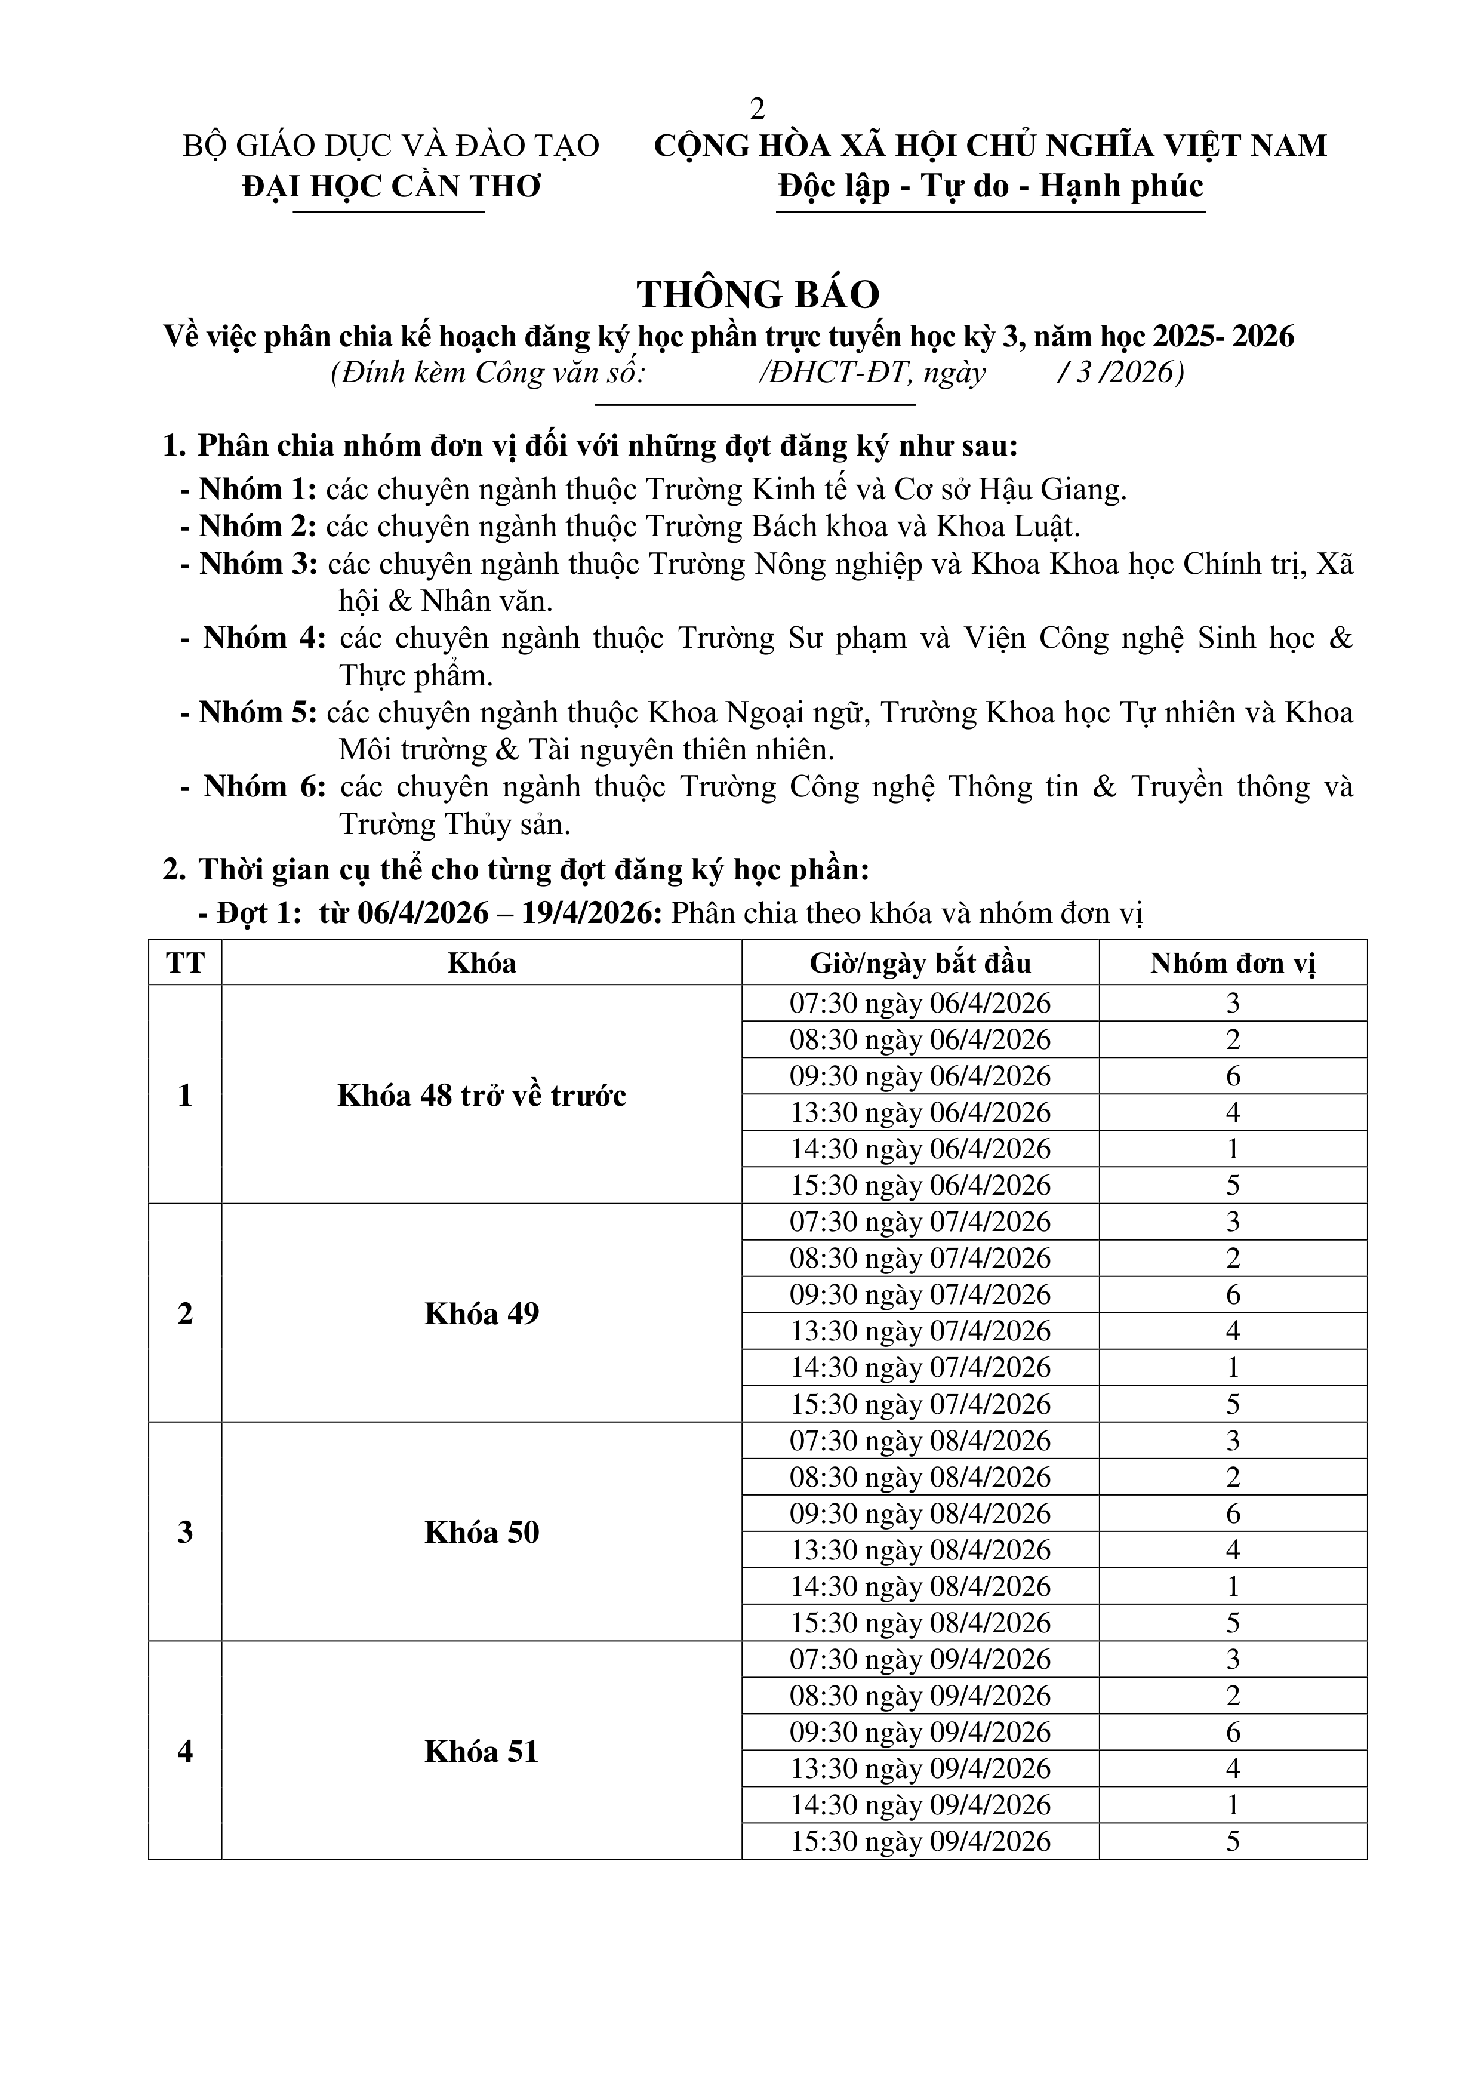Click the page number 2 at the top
point(756,109)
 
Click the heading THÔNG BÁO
point(758,294)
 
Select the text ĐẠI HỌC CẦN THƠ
point(392,186)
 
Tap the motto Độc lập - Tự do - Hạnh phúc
point(990,186)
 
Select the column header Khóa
point(482,962)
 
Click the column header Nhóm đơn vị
point(1232,962)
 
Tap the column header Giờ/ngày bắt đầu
point(920,962)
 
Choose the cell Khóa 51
point(482,1752)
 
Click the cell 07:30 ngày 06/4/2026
point(920,1004)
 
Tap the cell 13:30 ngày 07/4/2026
point(920,1331)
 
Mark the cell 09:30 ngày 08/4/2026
point(920,1513)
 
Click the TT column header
point(185,962)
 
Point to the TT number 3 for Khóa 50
point(185,1532)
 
